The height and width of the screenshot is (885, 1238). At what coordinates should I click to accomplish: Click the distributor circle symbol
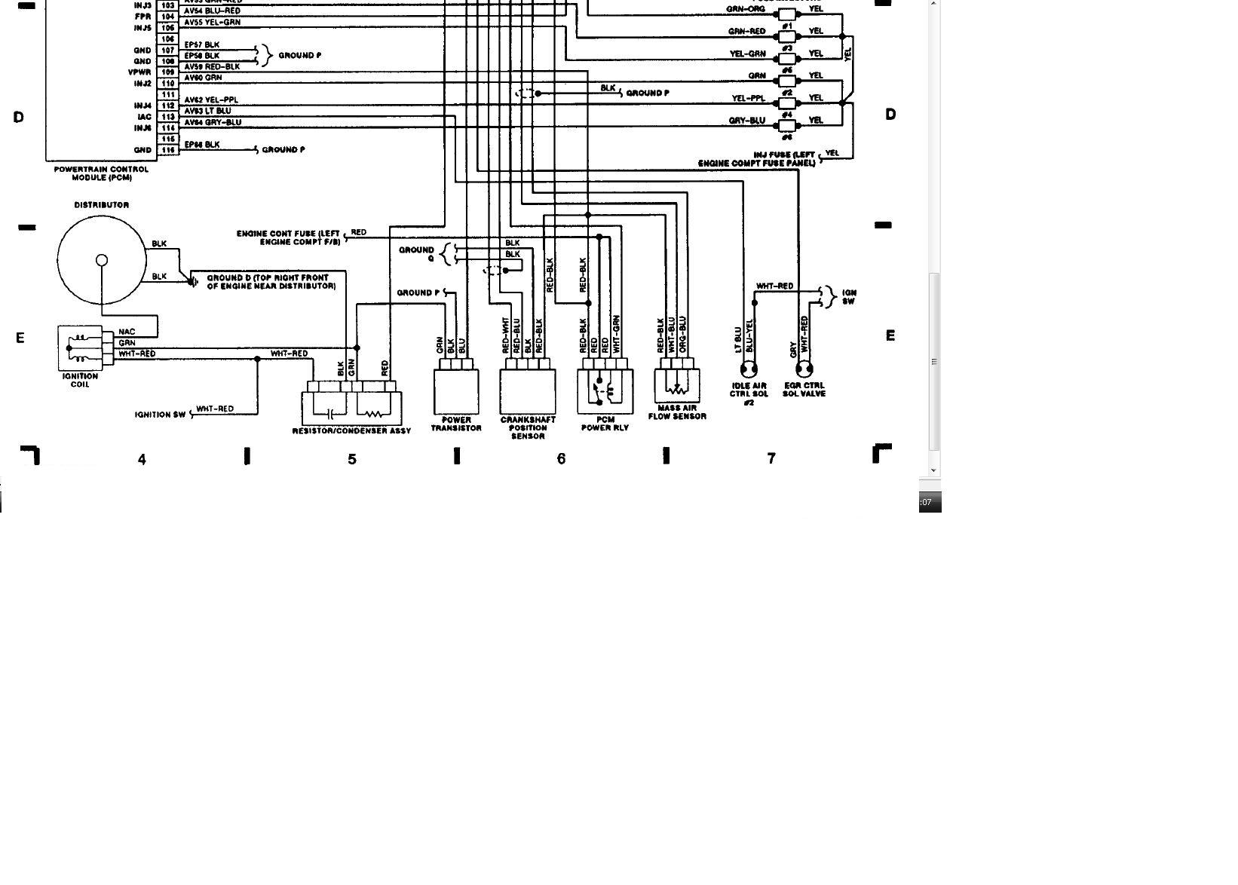[101, 260]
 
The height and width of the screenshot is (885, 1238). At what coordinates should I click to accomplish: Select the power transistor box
[456, 391]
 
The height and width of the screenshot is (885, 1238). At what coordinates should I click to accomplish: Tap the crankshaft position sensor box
[528, 391]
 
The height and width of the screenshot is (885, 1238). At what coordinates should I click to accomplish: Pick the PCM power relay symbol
[605, 391]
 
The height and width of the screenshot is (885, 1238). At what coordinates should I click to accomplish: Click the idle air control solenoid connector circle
[749, 369]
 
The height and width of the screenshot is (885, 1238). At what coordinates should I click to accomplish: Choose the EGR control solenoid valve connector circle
[804, 369]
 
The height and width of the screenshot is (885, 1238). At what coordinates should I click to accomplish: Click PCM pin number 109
[167, 72]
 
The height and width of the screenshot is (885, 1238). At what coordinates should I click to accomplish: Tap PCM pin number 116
[167, 150]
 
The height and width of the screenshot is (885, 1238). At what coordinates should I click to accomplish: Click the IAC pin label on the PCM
[144, 117]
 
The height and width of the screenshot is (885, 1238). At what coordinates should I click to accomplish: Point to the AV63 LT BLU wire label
[207, 111]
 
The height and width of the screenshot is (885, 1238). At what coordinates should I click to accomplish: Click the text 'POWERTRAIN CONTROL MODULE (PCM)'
[101, 173]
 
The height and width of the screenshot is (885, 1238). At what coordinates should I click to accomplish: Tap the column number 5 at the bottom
[352, 458]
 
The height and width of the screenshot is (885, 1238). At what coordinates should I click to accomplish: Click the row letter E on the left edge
[20, 338]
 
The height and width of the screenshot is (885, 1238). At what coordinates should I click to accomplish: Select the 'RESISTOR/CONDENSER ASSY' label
[351, 430]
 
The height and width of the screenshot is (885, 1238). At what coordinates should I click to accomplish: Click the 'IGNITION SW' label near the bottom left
[160, 415]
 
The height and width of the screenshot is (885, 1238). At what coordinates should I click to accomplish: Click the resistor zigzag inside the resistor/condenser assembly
[373, 413]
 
